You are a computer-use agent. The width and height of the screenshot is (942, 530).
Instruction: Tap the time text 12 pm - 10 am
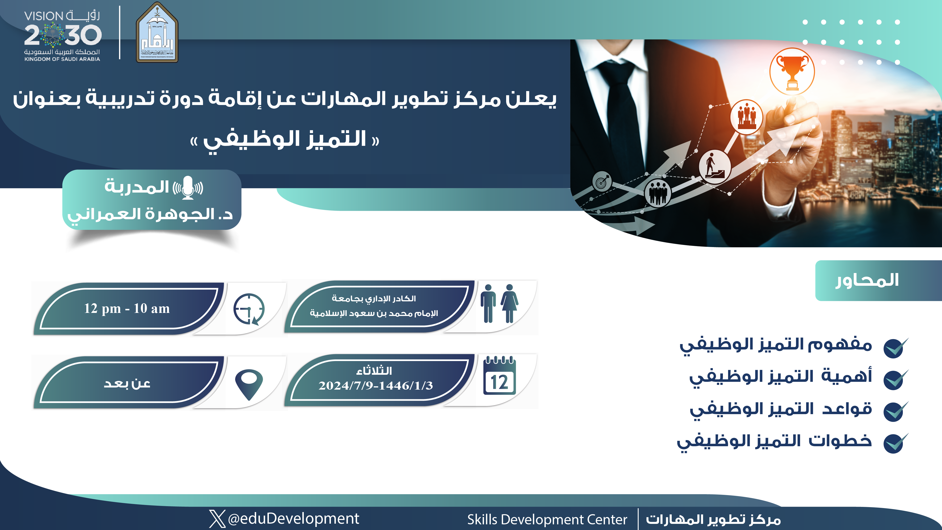(x=127, y=308)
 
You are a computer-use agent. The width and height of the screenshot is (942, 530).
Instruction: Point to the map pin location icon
(x=249, y=384)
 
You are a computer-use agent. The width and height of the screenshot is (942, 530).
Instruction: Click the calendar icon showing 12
(x=500, y=376)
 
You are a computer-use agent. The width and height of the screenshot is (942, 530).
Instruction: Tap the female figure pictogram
(x=509, y=303)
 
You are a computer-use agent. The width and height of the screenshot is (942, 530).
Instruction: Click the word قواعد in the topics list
(x=847, y=408)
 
